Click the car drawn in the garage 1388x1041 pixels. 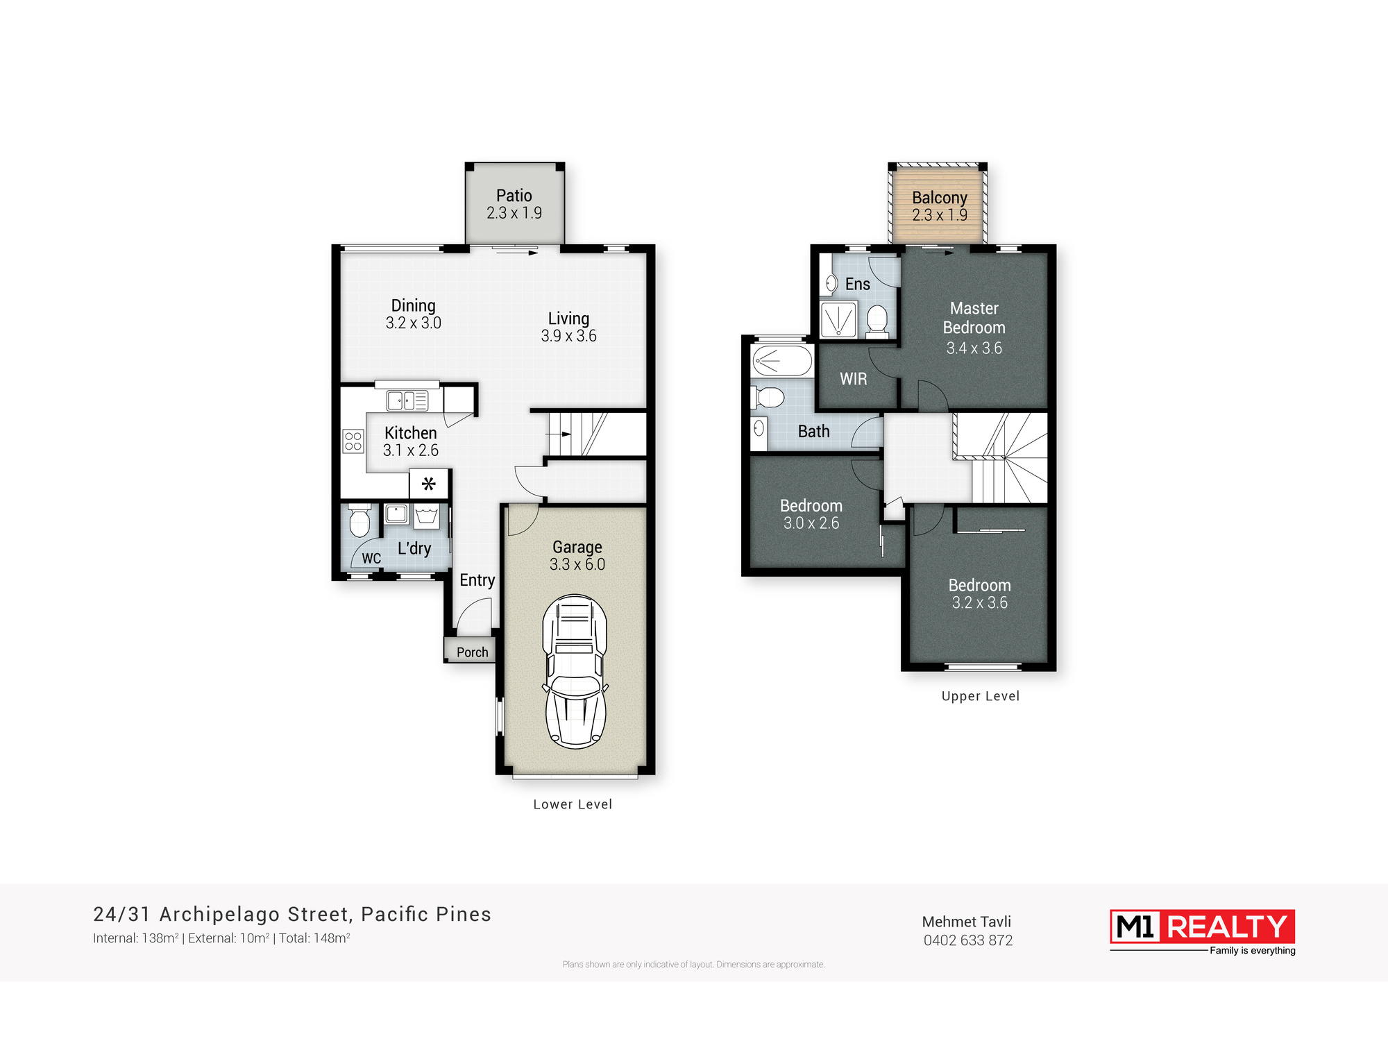[575, 671]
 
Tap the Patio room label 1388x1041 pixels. [514, 196]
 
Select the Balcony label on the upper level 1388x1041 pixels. [940, 198]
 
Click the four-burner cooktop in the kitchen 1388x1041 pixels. [353, 441]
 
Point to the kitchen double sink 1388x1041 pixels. [407, 400]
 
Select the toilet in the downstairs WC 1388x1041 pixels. [359, 520]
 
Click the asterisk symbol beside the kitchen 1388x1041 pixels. [429, 484]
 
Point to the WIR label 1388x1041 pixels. [854, 379]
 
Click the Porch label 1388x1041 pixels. [473, 652]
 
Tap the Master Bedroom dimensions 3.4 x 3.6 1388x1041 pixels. [974, 348]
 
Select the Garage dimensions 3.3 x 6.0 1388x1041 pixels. [577, 565]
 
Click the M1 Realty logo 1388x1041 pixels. [1203, 932]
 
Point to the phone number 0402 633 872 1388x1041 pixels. [968, 940]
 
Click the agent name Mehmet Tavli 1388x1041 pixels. [967, 922]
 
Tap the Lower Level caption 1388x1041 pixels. [573, 804]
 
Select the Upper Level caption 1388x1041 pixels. [981, 697]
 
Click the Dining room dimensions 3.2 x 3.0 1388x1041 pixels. [414, 323]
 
